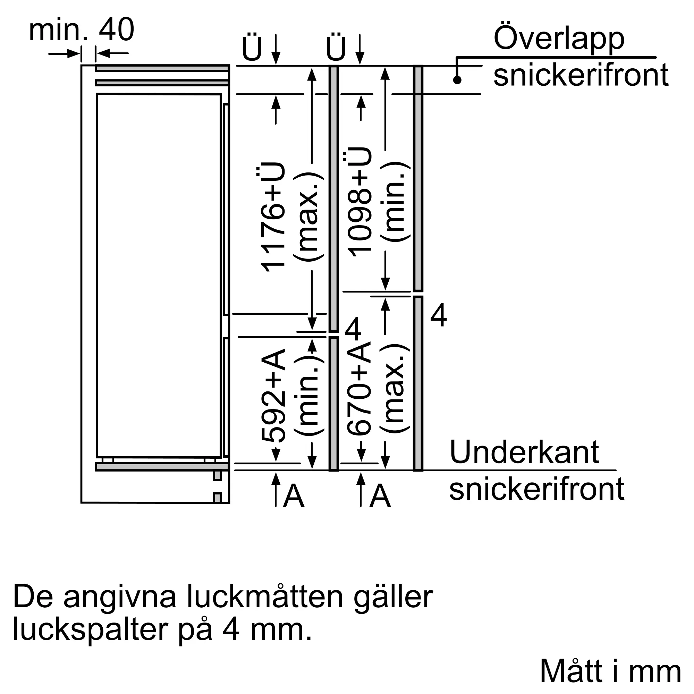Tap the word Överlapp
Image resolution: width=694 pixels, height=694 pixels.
coord(559,40)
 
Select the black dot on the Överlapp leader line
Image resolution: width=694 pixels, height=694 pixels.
coord(457,80)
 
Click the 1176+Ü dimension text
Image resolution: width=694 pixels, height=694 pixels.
coord(272,217)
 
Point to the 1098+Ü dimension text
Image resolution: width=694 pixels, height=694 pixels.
coord(358,202)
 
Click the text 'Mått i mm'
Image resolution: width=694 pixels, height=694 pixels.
coord(610,671)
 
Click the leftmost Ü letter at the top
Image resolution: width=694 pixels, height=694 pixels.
coord(252,48)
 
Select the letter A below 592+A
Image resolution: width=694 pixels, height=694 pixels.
coord(294,496)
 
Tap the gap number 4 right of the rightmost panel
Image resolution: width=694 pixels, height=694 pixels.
coord(439,315)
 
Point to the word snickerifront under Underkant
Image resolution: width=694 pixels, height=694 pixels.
coord(537,489)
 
